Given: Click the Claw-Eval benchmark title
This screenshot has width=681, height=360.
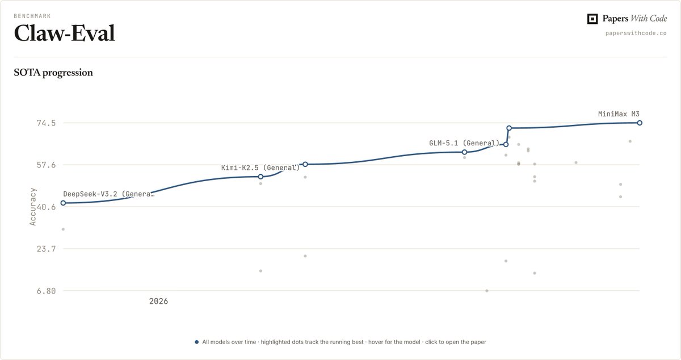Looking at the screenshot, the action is (x=64, y=33).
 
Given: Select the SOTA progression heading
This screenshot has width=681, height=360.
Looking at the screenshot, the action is (x=53, y=73).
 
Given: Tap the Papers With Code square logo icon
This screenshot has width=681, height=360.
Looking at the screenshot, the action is (x=592, y=19).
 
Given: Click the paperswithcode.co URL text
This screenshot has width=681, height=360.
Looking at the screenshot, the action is (x=636, y=33).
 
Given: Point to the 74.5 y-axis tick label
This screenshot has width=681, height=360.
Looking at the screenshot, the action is (x=46, y=123).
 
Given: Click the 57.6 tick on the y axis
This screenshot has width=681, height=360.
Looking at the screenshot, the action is (x=46, y=165).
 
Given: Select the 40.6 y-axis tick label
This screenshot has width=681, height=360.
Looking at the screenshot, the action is (x=46, y=207).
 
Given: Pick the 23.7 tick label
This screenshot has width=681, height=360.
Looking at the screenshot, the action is (x=46, y=249).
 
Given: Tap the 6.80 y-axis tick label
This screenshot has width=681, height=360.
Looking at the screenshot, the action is (x=46, y=291).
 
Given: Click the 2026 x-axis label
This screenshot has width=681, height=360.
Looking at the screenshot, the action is (x=158, y=302).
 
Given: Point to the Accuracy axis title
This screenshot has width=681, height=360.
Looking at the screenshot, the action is (x=32, y=207).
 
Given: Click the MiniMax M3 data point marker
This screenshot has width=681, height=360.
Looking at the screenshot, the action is (x=640, y=123).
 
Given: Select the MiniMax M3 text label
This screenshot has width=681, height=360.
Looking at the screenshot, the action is (x=619, y=114).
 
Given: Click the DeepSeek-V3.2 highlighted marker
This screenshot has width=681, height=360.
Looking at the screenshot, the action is (x=63, y=203).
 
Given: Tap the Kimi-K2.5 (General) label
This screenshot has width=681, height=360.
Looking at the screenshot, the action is (x=260, y=168).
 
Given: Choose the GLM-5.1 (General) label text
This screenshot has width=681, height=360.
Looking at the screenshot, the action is (x=464, y=143).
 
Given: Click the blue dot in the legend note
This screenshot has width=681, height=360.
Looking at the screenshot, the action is (x=197, y=342).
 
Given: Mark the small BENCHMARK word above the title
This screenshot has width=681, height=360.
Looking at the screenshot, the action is (x=32, y=16).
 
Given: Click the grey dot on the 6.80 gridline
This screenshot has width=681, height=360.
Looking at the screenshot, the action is (x=487, y=291).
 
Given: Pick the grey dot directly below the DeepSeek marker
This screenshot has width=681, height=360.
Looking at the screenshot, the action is (x=63, y=229).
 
